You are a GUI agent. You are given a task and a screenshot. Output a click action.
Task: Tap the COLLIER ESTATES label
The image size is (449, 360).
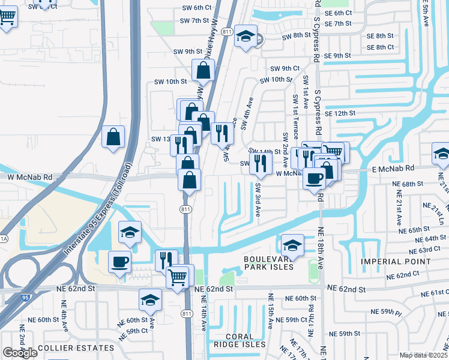[x=75, y=348]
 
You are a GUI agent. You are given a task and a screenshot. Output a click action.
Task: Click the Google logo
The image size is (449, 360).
[x=20, y=353]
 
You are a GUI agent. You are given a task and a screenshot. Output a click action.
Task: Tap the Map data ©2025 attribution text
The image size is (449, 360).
[x=423, y=355]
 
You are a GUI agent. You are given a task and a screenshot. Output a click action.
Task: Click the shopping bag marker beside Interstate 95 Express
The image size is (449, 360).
[x=113, y=137]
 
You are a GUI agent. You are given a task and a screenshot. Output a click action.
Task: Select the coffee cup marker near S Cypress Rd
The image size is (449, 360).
[x=314, y=178]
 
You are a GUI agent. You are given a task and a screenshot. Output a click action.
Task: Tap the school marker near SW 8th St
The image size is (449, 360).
[x=246, y=37]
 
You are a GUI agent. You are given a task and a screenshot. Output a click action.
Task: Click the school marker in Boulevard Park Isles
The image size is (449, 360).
[x=292, y=245]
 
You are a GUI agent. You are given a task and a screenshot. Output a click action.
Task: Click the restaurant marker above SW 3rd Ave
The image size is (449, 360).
[x=261, y=163]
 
